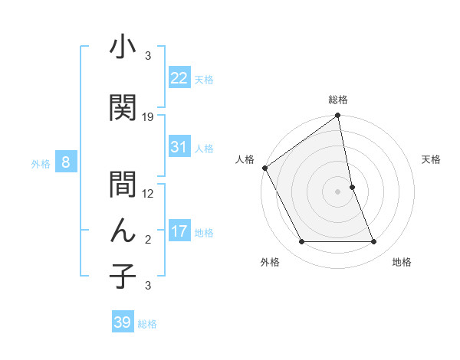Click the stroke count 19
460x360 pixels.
click(x=148, y=117)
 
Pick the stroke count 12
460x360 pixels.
click(x=148, y=194)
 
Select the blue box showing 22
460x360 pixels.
click(x=179, y=77)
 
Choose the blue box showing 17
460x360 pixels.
click(x=179, y=231)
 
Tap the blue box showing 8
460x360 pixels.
click(x=66, y=162)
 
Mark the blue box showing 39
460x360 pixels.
click(x=123, y=322)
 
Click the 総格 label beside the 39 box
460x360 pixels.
click(x=147, y=324)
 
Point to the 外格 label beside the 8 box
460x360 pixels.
click(x=41, y=163)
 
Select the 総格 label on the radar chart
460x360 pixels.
click(x=338, y=100)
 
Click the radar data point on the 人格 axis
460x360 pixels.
click(x=265, y=168)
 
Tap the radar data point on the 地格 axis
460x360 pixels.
click(x=374, y=242)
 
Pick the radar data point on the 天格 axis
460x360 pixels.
click(x=352, y=186)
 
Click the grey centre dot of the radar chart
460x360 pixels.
click(x=337, y=191)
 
